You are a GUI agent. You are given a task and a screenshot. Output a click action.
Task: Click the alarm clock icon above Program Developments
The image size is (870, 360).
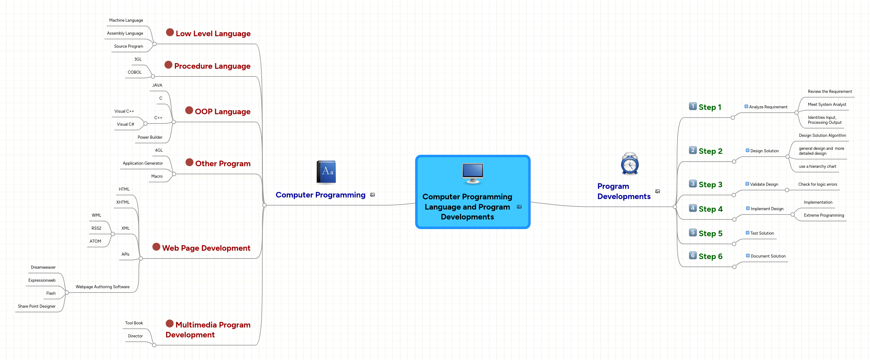(x=629, y=164)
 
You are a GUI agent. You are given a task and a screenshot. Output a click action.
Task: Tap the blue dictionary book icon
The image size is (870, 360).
(x=326, y=172)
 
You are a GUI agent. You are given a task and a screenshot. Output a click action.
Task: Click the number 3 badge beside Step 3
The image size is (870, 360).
(x=693, y=184)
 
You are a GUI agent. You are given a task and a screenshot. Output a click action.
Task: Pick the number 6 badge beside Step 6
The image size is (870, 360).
(x=693, y=256)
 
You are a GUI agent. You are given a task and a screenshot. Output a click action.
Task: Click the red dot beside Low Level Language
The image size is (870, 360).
(x=170, y=33)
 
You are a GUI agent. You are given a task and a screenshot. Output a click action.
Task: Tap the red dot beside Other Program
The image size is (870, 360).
(x=189, y=163)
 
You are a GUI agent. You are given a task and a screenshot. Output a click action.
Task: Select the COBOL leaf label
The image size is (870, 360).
(x=134, y=72)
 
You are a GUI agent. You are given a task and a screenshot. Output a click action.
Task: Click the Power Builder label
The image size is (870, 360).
(x=150, y=137)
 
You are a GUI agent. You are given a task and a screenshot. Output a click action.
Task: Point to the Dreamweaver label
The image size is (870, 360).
(x=43, y=267)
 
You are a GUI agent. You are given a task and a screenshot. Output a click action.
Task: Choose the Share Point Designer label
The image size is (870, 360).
(x=37, y=306)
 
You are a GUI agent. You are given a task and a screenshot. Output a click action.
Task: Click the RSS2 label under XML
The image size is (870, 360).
(x=96, y=228)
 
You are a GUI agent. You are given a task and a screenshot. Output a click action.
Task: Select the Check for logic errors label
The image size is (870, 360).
(x=817, y=184)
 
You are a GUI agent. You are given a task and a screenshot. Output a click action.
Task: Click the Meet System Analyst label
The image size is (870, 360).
(x=826, y=105)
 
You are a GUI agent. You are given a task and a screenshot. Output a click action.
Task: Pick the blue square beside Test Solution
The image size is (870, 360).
(x=747, y=233)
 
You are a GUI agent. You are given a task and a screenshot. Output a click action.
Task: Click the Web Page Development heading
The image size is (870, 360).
(x=206, y=248)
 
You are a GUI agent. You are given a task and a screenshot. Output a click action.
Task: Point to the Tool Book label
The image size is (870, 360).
(x=134, y=323)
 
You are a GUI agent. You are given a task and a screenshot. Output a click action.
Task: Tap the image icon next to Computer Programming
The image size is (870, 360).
(x=372, y=195)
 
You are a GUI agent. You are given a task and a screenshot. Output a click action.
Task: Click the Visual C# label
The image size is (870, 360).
(x=125, y=124)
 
